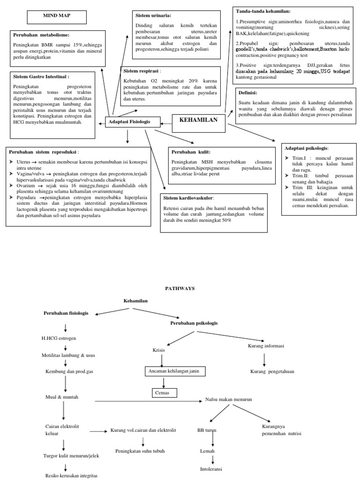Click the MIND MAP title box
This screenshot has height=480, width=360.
pyautogui.click(x=56, y=17)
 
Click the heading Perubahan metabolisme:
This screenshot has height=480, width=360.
pyautogui.click(x=42, y=35)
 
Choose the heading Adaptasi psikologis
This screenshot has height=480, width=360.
pyautogui.click(x=307, y=148)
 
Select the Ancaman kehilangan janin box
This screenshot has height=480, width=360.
pyautogui.click(x=175, y=372)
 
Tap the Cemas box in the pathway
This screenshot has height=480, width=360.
pyautogui.click(x=162, y=392)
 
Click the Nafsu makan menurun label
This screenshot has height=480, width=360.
pyautogui.click(x=229, y=399)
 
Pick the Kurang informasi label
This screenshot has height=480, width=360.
pyautogui.click(x=266, y=346)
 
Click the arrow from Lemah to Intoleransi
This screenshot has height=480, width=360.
pyautogui.click(x=213, y=460)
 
